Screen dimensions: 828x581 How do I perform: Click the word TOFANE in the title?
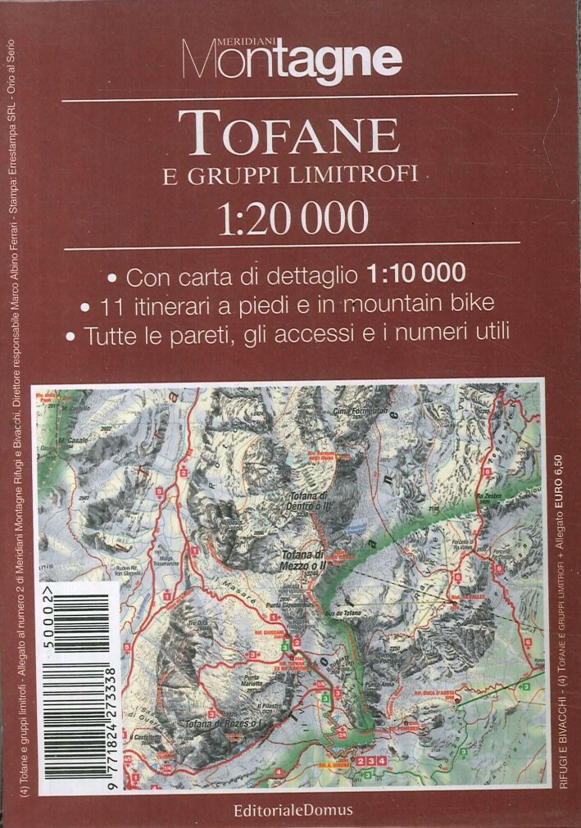(x=289, y=132)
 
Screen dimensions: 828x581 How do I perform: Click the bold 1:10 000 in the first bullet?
(x=417, y=271)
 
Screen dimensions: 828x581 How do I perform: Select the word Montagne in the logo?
(x=292, y=60)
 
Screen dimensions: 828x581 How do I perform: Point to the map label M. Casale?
(x=72, y=441)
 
